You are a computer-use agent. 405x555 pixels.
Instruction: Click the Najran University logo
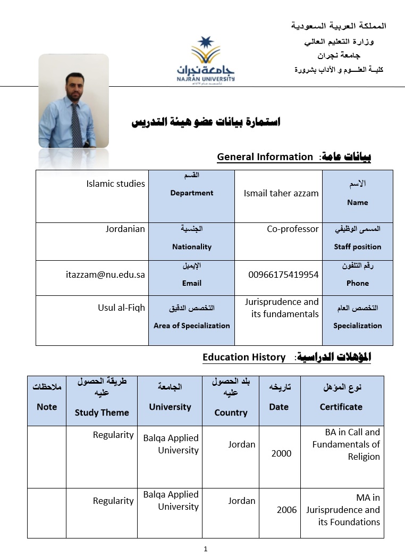206,59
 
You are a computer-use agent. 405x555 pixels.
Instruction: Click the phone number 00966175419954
283,275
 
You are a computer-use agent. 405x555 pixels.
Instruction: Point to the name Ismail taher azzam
281,193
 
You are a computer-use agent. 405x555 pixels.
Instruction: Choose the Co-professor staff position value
293,229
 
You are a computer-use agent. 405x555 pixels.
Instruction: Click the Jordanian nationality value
125,229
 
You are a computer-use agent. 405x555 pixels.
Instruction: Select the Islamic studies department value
115,184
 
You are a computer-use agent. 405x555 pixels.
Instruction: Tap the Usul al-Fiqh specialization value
121,308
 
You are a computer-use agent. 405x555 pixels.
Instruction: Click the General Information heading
265,156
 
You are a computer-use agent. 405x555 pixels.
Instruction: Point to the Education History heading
244,357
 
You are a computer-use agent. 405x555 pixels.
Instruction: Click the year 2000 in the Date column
281,453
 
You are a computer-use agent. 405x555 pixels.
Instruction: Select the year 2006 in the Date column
286,510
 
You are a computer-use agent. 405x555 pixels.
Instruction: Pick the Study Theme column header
102,412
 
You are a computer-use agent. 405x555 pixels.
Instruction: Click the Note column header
47,407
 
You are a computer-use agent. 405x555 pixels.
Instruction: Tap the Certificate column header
341,407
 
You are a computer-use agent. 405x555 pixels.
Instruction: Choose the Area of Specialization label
191,325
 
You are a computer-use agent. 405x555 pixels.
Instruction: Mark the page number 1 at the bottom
205,549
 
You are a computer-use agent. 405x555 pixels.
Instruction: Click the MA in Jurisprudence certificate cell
343,510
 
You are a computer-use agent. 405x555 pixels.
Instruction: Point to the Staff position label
357,246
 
